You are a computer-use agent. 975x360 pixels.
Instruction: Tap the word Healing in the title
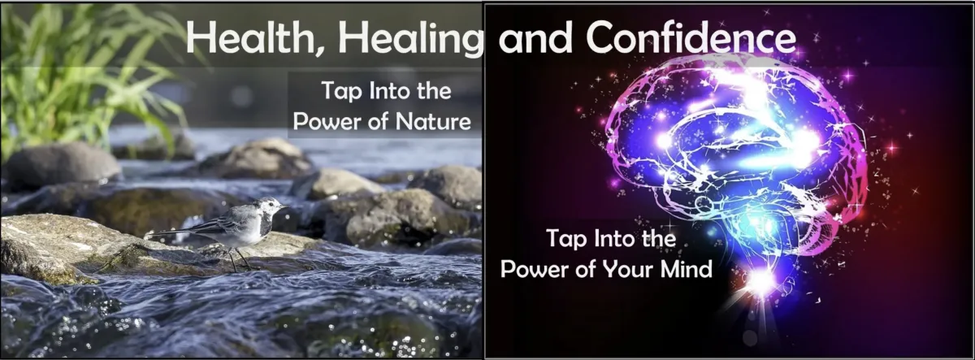pyautogui.click(x=410, y=39)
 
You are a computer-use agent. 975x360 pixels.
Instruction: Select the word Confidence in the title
pyautogui.click(x=691, y=37)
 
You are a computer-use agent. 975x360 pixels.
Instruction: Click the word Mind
pyautogui.click(x=687, y=269)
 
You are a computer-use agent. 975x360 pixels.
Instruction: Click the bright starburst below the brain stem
pyautogui.click(x=763, y=281)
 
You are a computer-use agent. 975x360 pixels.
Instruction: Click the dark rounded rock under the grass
pyautogui.click(x=61, y=163)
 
